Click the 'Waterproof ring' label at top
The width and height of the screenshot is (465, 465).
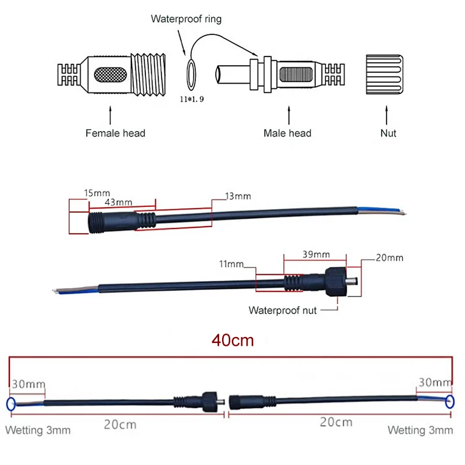186,19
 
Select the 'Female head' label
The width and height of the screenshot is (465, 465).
115,133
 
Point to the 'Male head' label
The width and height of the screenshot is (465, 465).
287,133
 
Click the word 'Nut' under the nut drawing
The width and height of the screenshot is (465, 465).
388,133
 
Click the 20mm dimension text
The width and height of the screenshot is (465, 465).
389,257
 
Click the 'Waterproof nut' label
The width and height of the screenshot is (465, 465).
282,310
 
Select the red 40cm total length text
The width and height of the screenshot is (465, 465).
233,341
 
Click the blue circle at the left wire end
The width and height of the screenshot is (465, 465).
10,405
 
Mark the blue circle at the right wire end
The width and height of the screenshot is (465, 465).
450,402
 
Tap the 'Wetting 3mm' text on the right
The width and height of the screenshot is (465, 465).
420,431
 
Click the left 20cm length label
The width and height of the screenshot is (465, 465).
120,424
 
